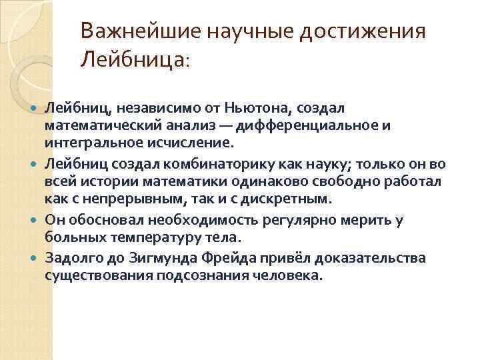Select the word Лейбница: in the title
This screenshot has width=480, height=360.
point(135,61)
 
